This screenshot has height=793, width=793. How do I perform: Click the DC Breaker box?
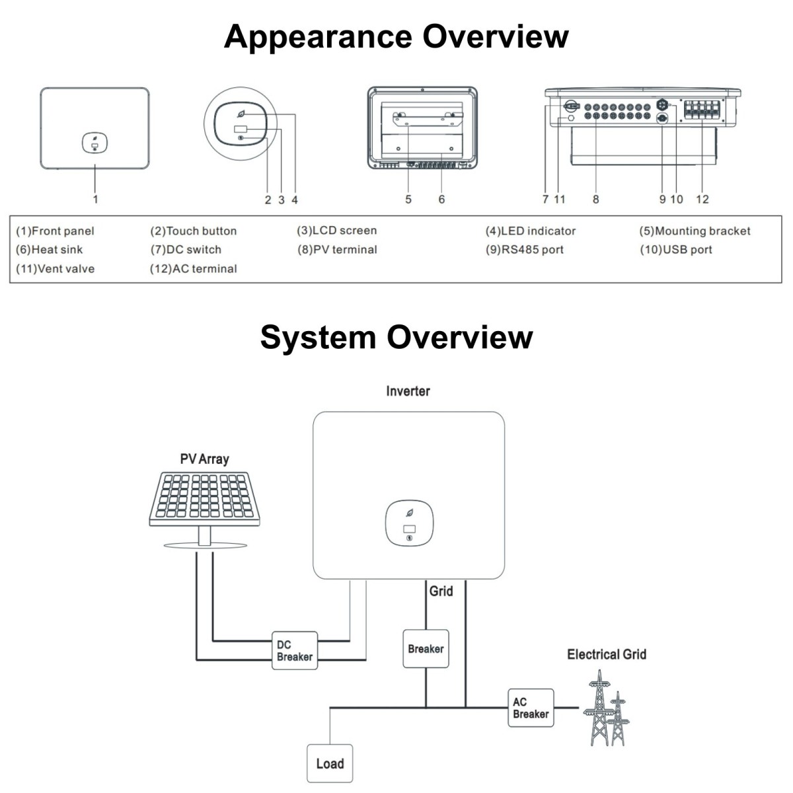(x=295, y=650)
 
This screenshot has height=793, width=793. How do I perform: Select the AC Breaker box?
(x=531, y=708)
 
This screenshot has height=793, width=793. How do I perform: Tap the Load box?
(x=330, y=763)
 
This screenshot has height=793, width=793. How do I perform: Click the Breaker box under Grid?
(x=426, y=649)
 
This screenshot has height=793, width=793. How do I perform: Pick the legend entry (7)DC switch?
(x=186, y=250)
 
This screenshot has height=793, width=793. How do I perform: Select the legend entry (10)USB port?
(x=675, y=250)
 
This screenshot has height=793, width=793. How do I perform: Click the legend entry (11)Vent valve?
(x=55, y=269)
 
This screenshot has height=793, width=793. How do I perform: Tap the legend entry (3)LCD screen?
(x=336, y=231)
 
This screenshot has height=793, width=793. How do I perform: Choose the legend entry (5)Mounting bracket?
(x=695, y=231)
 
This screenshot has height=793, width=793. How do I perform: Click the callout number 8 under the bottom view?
(x=595, y=199)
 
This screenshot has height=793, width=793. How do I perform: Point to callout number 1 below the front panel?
(x=96, y=199)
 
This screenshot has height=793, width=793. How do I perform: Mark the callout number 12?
(x=702, y=199)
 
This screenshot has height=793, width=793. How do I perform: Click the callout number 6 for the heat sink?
(x=441, y=199)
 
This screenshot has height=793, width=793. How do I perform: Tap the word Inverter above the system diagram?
(x=408, y=391)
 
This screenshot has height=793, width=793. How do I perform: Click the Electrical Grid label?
(x=606, y=654)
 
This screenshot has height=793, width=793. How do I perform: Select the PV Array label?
(x=204, y=459)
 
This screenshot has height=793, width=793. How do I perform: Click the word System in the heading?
(x=318, y=337)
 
